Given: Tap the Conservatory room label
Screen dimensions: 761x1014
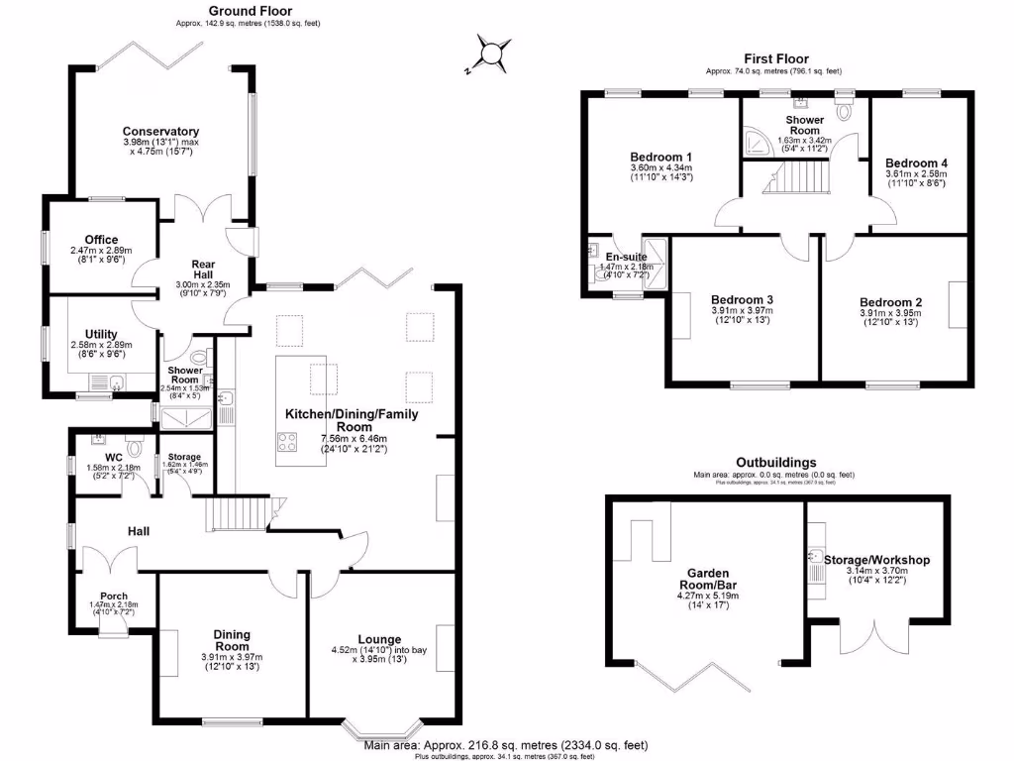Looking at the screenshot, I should pos(160,131).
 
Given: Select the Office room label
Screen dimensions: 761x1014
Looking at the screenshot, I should pos(101,240).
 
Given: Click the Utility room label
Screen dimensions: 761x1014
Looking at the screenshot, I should pos(101,335).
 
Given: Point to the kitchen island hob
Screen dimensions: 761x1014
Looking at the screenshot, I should pos(288,443).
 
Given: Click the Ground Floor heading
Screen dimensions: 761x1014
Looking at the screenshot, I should pos(248,11).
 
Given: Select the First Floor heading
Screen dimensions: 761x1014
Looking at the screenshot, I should pos(776,59).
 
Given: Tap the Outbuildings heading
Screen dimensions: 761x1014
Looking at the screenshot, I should pos(776,463).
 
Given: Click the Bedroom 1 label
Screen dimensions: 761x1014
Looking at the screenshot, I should pos(660,157).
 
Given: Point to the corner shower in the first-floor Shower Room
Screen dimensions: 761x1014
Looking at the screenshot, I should pos(758,145).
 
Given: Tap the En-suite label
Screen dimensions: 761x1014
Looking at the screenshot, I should pos(626,257).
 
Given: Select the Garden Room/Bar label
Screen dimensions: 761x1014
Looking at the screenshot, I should pos(709,579).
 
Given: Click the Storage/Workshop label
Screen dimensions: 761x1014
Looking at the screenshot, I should pos(876,560).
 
